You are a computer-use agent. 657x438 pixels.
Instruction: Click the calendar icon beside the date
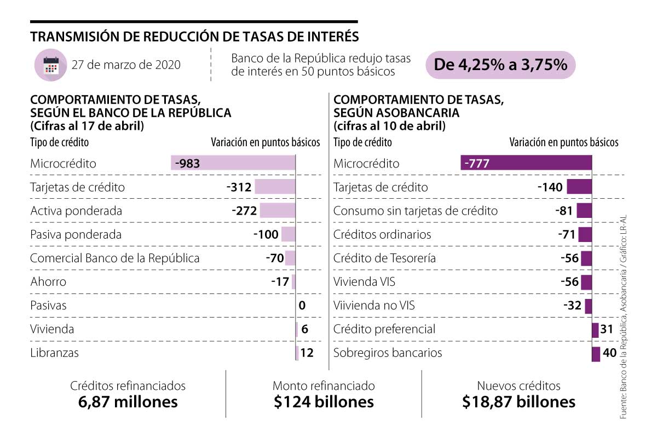click(x=50, y=65)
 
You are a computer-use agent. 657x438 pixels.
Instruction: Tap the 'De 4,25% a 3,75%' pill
click(x=500, y=65)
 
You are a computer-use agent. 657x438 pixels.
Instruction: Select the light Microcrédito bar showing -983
click(x=233, y=163)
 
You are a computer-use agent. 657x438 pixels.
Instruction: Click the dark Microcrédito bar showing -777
click(x=526, y=163)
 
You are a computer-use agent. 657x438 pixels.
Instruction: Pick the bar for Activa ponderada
click(x=277, y=211)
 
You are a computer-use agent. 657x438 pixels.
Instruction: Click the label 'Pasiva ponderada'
click(x=76, y=235)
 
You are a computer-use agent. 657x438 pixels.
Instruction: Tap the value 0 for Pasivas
click(x=302, y=306)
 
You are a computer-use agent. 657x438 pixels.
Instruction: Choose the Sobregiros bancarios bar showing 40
click(x=596, y=353)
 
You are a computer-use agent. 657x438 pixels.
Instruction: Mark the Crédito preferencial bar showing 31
click(x=595, y=330)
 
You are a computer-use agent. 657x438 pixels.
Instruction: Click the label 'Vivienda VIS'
click(x=364, y=282)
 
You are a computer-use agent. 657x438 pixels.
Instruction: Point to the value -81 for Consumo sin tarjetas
click(x=564, y=211)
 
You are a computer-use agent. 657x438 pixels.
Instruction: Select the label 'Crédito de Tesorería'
click(x=384, y=258)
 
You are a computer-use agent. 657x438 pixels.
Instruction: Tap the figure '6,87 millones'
click(x=128, y=402)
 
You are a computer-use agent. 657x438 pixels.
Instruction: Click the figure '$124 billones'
click(x=324, y=402)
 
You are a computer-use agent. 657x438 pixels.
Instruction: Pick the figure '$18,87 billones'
click(x=518, y=402)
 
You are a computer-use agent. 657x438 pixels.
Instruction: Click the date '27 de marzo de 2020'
click(x=126, y=65)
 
